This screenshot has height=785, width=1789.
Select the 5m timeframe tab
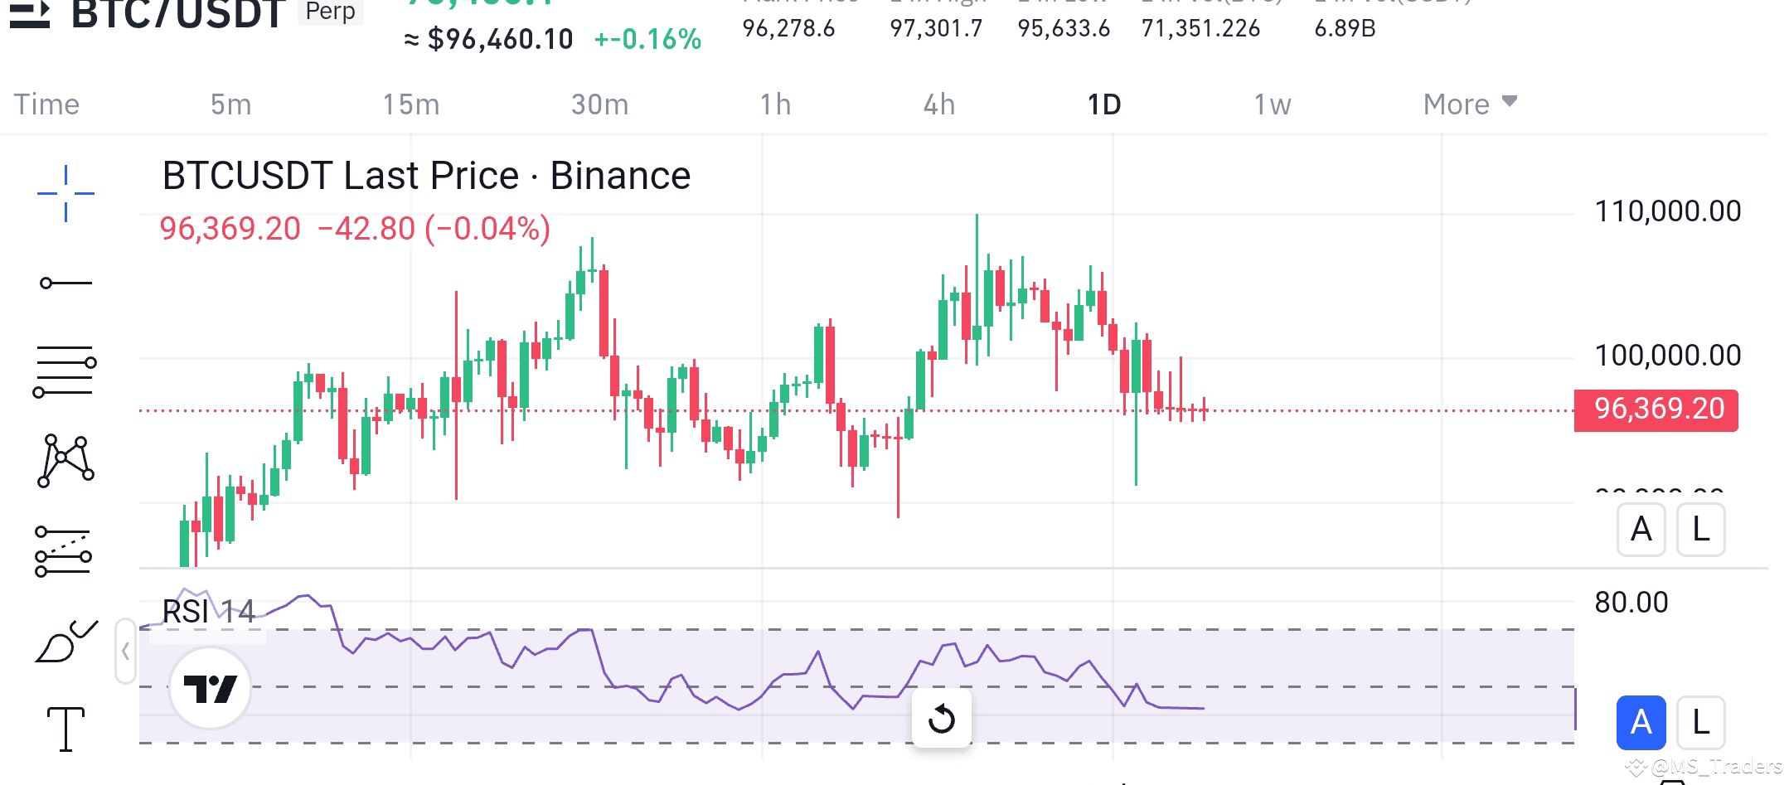point(230,104)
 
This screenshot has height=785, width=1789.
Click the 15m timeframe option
point(410,104)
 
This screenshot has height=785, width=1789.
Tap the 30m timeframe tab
point(599,104)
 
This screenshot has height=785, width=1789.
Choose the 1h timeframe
point(775,104)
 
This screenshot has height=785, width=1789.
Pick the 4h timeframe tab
point(939,104)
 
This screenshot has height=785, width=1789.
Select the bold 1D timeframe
point(1103,104)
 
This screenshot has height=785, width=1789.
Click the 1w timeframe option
point(1272,104)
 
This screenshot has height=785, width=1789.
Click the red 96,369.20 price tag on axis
point(1656,409)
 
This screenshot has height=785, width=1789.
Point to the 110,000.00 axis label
point(1667,211)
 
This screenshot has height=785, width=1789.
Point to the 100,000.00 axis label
point(1667,356)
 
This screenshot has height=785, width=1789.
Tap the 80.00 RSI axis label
point(1631,603)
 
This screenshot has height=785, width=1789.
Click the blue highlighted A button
point(1641,723)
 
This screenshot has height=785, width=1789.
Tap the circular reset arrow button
point(941,719)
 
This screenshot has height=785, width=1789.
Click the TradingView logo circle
point(210,688)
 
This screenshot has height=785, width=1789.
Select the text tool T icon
point(65,729)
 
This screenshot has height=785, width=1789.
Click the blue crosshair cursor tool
point(65,193)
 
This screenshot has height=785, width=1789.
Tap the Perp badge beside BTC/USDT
point(330,12)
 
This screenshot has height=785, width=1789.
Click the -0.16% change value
point(647,39)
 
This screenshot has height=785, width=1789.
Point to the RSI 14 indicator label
point(208,612)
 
